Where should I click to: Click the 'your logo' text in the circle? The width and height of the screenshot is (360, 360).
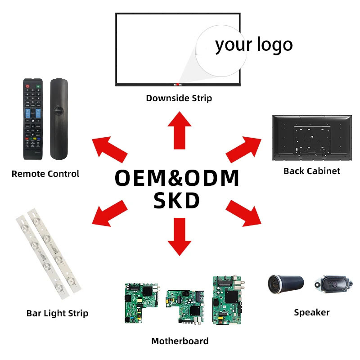click(x=254, y=45)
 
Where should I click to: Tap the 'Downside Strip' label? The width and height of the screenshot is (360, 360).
click(x=179, y=98)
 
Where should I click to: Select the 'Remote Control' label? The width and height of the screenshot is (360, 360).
click(x=45, y=174)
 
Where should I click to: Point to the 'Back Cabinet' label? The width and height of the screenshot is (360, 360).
click(x=312, y=171)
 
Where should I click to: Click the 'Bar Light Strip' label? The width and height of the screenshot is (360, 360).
click(x=57, y=313)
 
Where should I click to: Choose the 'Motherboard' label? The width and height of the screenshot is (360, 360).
click(x=180, y=341)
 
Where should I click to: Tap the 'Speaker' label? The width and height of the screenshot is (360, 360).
click(x=312, y=312)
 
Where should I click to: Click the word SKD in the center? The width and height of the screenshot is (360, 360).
click(x=176, y=201)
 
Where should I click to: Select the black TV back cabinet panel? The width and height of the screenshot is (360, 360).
click(x=311, y=138)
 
